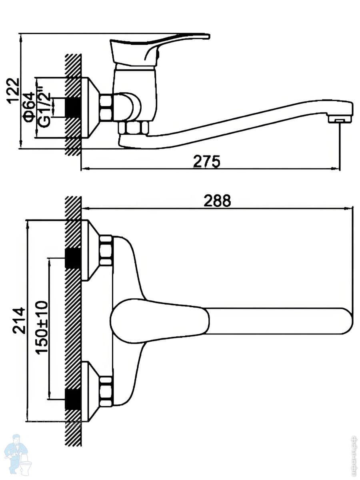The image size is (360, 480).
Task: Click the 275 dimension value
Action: [207, 161]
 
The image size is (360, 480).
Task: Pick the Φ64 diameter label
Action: [29, 107]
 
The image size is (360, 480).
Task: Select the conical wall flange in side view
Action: [90, 108]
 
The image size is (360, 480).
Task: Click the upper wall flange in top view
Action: [90, 250]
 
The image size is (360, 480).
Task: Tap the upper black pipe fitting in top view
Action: [73, 258]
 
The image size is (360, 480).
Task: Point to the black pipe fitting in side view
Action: [73, 107]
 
